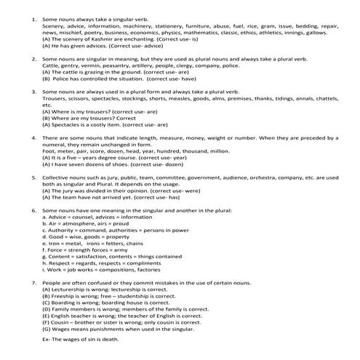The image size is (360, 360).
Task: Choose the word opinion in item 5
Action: [x=132, y=190]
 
